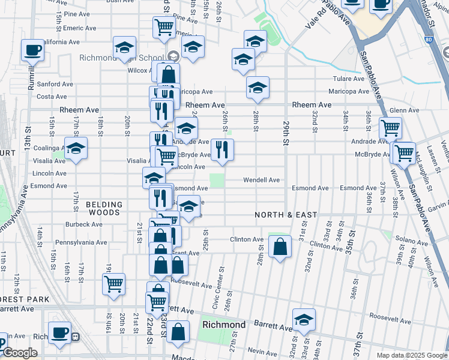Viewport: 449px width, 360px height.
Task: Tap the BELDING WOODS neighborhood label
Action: click(104, 208)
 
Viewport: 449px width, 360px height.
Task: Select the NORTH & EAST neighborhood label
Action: click(285, 215)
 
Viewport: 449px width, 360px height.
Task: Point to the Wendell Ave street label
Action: click(261, 179)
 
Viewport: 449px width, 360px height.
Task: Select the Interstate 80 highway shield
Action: click(427, 40)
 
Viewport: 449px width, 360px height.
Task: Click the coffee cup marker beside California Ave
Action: click(32, 50)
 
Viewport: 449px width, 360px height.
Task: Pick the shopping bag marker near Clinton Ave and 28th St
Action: click(280, 247)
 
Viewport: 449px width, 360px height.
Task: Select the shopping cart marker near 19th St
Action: click(113, 284)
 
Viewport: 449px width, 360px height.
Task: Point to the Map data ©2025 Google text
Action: click(411, 355)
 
